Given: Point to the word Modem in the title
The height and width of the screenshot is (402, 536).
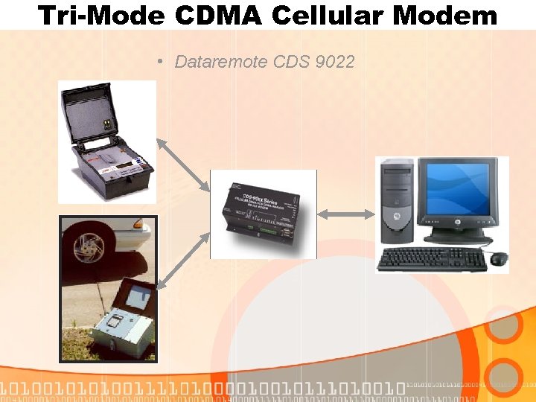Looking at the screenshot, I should point(455,16).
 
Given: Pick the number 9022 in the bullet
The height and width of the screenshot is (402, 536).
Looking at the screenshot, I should point(335,61).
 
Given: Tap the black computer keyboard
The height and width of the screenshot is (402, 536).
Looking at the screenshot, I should point(433,259).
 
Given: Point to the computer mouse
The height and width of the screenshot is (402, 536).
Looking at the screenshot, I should point(499,258).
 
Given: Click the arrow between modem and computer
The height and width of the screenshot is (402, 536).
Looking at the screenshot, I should point(346,214).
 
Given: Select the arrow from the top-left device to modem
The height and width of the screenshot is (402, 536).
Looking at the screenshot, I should point(183,163).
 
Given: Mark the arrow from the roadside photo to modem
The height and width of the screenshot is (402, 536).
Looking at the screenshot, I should point(182,261).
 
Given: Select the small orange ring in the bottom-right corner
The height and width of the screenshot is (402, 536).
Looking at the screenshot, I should point(508,377).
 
